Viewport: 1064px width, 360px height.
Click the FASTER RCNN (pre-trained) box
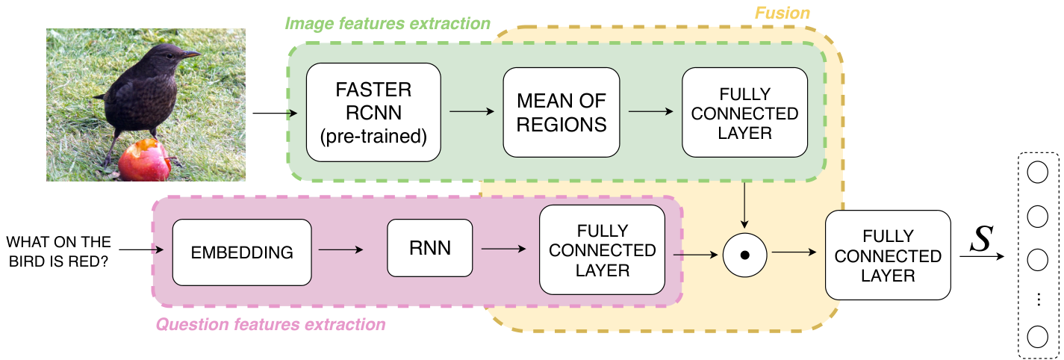(373, 113)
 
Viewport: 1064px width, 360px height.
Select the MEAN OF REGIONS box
(561, 113)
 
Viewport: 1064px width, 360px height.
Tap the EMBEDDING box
(242, 252)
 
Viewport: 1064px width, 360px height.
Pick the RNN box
(430, 248)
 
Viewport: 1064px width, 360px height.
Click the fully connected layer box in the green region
(745, 113)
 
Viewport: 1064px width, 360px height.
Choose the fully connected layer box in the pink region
(602, 249)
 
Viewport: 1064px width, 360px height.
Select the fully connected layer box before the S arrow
(888, 255)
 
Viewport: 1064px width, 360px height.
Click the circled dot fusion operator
(745, 255)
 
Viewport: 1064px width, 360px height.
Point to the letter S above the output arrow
(981, 238)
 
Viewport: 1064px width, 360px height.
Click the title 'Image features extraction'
(387, 23)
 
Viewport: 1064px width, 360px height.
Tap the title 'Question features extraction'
(271, 324)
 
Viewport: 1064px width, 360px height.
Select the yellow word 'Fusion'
(783, 13)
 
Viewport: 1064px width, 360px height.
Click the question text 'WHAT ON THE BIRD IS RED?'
(58, 251)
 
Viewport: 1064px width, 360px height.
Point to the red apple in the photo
(144, 161)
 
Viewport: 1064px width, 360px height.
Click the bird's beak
(191, 55)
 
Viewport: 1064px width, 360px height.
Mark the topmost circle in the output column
(1037, 173)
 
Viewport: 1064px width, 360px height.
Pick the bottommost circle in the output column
(1037, 337)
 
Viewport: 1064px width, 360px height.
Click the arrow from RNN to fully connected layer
(503, 249)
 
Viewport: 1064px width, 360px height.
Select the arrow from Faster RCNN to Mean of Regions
(472, 111)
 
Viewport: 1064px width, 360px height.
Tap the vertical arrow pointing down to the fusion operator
(744, 205)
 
